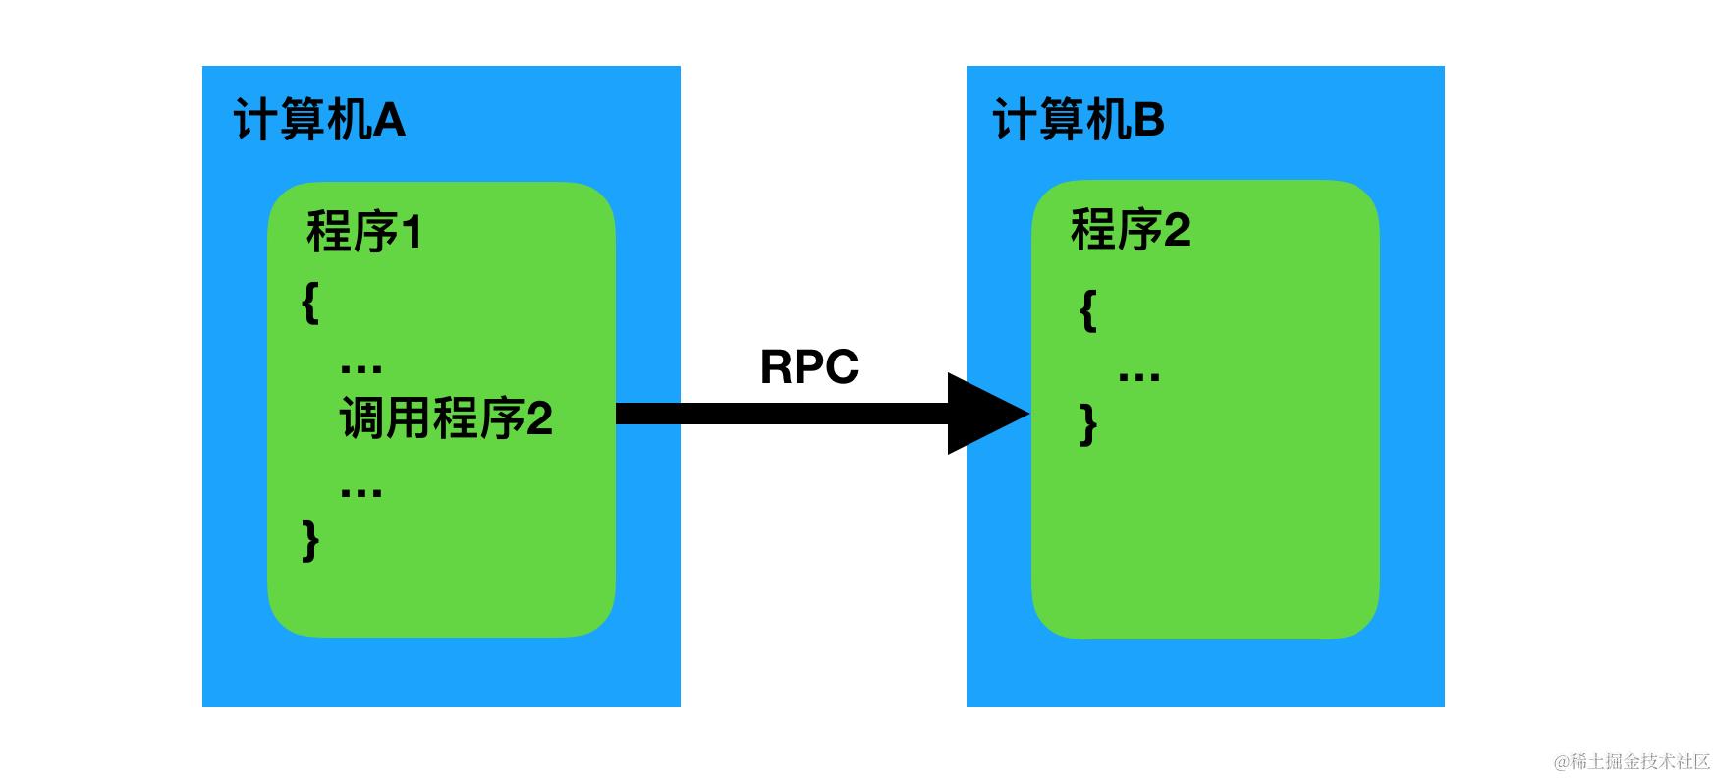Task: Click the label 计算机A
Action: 319,122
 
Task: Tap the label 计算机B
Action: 1079,122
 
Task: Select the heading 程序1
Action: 364,233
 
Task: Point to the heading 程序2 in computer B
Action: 1130,231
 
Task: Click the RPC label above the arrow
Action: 809,367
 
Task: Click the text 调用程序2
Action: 446,419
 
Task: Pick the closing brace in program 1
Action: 310,539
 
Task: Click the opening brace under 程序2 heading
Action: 1087,310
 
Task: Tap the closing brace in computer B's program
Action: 1087,424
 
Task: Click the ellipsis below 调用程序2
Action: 360,491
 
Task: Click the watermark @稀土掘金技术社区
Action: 1632,761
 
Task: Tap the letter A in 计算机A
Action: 389,122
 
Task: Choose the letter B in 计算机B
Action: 1149,122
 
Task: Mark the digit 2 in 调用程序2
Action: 539,419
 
